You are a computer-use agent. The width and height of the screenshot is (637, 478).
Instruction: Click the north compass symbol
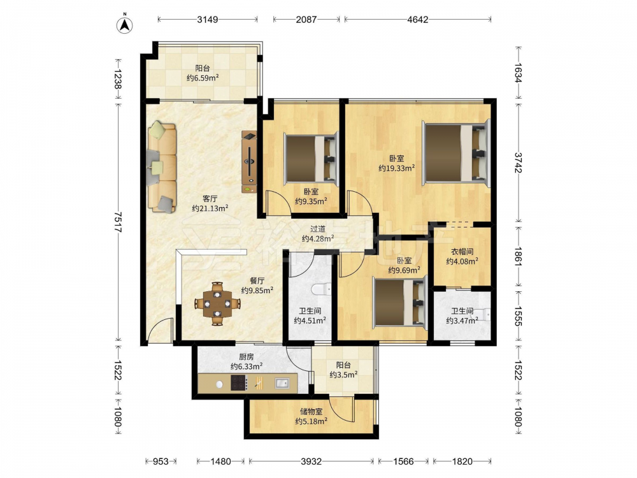125,25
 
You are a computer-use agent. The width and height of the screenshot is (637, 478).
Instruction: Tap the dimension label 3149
208,19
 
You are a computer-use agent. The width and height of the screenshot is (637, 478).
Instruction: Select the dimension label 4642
418,19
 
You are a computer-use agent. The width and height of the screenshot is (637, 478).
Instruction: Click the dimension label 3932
311,461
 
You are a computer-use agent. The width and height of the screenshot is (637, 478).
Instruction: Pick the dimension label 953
160,461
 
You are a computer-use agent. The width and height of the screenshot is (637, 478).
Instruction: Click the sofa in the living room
162,167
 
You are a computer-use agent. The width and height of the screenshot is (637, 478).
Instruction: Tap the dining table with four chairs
217,303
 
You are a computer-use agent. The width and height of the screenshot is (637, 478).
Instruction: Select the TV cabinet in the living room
249,161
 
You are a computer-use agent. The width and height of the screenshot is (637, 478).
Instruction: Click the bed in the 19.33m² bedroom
456,153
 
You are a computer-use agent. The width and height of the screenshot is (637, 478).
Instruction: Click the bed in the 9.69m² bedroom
400,302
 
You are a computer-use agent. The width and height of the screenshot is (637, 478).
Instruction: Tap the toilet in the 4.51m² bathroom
321,289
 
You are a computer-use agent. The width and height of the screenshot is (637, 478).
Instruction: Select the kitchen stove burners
239,383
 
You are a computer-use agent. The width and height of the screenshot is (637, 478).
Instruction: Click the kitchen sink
282,383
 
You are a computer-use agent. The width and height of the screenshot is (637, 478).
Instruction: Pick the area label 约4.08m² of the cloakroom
462,261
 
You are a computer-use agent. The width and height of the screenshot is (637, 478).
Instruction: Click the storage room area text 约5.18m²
311,421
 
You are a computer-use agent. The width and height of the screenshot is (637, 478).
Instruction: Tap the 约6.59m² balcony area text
203,78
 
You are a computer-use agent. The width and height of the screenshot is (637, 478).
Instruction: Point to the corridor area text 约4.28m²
318,238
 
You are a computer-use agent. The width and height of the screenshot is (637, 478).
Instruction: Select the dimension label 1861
517,258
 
